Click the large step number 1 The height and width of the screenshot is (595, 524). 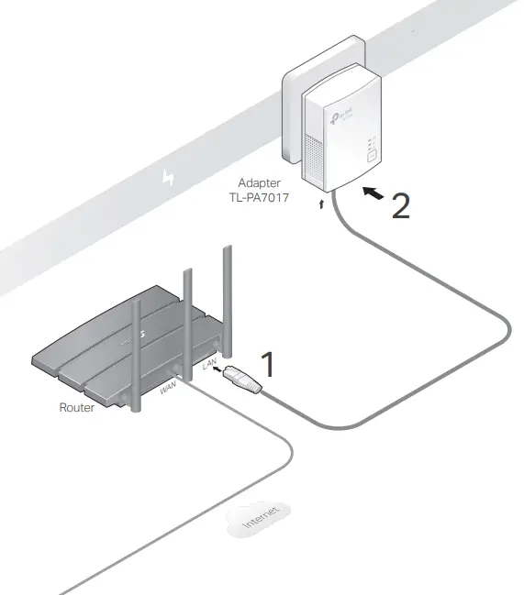click(x=267, y=364)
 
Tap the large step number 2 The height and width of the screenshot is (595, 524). click(x=400, y=204)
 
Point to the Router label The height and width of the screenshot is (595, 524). click(x=76, y=407)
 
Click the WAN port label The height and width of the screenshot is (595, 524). click(x=169, y=389)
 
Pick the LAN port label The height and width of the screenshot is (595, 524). click(x=209, y=368)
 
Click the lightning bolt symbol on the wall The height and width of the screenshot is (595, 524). click(x=167, y=177)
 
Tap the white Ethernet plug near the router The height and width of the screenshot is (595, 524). click(x=249, y=381)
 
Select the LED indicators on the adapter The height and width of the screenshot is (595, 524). click(x=369, y=143)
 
